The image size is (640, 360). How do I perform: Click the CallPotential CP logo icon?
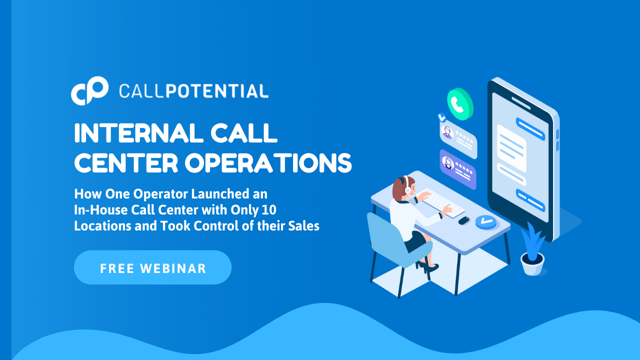click(89, 91)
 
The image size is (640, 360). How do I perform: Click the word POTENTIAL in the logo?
click(217, 91)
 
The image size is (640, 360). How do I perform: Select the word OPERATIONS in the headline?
click(268, 163)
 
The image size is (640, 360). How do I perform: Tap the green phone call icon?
click(460, 104)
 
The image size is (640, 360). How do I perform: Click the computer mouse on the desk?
click(463, 220)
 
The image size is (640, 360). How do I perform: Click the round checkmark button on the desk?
click(486, 222)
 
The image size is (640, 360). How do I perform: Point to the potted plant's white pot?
click(532, 264)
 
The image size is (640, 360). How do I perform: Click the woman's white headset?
click(407, 185)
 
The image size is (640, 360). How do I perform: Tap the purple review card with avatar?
click(458, 169)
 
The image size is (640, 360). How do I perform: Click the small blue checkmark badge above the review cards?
click(442, 117)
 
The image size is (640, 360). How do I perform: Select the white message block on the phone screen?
click(511, 148)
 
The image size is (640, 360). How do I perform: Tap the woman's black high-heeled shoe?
click(430, 268)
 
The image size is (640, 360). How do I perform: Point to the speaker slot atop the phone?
click(520, 103)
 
